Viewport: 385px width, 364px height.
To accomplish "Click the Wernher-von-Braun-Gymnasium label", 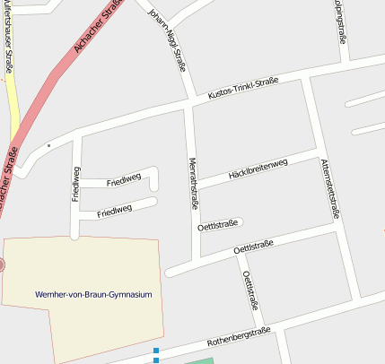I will coord(93,294).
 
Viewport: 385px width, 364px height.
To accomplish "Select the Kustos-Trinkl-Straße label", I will coord(242,87).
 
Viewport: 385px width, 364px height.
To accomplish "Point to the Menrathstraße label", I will coord(193,184).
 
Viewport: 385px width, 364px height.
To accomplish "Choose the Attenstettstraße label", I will coord(329,188).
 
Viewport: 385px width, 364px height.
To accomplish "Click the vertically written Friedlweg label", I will coord(76,184).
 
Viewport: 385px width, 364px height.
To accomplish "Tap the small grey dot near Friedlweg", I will coord(48,144).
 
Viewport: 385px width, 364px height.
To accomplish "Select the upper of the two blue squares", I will coord(155,351).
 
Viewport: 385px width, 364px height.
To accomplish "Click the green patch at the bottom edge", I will coord(193,360).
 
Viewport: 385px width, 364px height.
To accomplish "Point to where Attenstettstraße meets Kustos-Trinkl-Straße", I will coord(306,77).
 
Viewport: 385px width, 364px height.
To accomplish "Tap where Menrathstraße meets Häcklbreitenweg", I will coord(194,188).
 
